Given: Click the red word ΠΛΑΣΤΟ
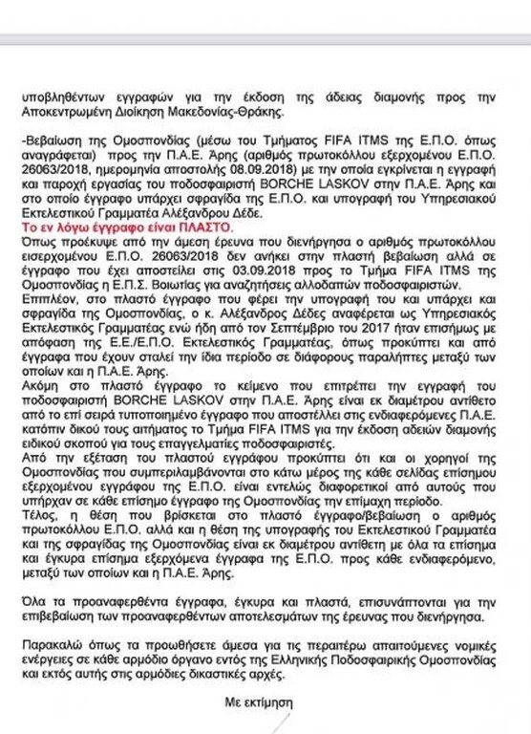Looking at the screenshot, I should (202, 229).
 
